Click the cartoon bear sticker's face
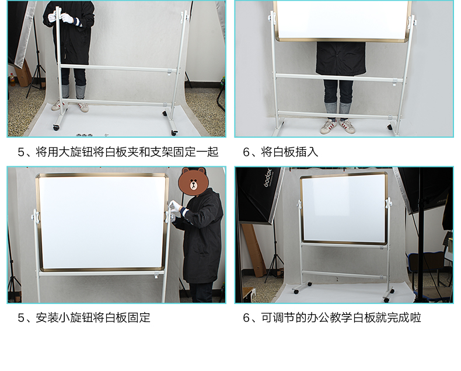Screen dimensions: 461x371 pos(194,181)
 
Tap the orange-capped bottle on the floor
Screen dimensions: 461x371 pos(12,79)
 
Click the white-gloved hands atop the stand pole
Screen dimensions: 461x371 pos(63,17)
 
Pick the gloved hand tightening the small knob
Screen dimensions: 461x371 pos(176,206)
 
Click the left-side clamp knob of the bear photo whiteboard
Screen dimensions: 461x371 pos(35,217)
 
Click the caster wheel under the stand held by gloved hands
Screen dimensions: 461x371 pos(55,127)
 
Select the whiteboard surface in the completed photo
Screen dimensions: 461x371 pos(344,208)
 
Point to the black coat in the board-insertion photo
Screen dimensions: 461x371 pos(340,58)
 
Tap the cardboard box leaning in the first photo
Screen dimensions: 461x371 pos(23,72)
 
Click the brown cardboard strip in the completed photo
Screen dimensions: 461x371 pos(254,250)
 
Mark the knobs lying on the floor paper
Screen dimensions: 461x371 pos(84,135)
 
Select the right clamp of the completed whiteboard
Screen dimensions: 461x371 pos(389,203)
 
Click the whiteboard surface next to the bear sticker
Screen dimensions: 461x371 pos(102,222)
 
